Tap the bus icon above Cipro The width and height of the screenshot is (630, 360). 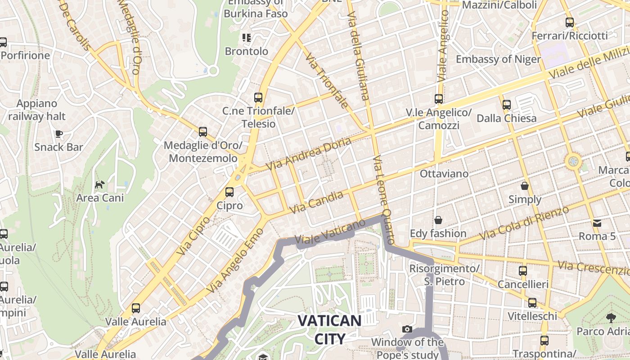(229, 192)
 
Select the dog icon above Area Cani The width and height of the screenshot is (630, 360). (99, 184)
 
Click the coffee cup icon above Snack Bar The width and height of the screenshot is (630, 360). (58, 134)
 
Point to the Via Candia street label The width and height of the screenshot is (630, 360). (317, 202)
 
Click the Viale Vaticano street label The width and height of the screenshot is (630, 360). (330, 233)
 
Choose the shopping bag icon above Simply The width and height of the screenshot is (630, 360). (525, 186)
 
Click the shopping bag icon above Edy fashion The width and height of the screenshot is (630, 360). (438, 220)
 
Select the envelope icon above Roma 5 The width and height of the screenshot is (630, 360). (597, 223)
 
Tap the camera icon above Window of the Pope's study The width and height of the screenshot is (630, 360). (407, 329)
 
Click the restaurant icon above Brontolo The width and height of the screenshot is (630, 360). (246, 38)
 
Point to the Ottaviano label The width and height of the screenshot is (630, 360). (444, 173)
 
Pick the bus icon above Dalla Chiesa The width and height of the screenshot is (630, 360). (507, 105)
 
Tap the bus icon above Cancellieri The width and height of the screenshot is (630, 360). (523, 271)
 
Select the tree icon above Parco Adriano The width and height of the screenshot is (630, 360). (611, 318)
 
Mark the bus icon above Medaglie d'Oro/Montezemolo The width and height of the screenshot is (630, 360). (203, 132)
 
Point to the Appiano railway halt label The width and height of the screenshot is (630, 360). (37, 110)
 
